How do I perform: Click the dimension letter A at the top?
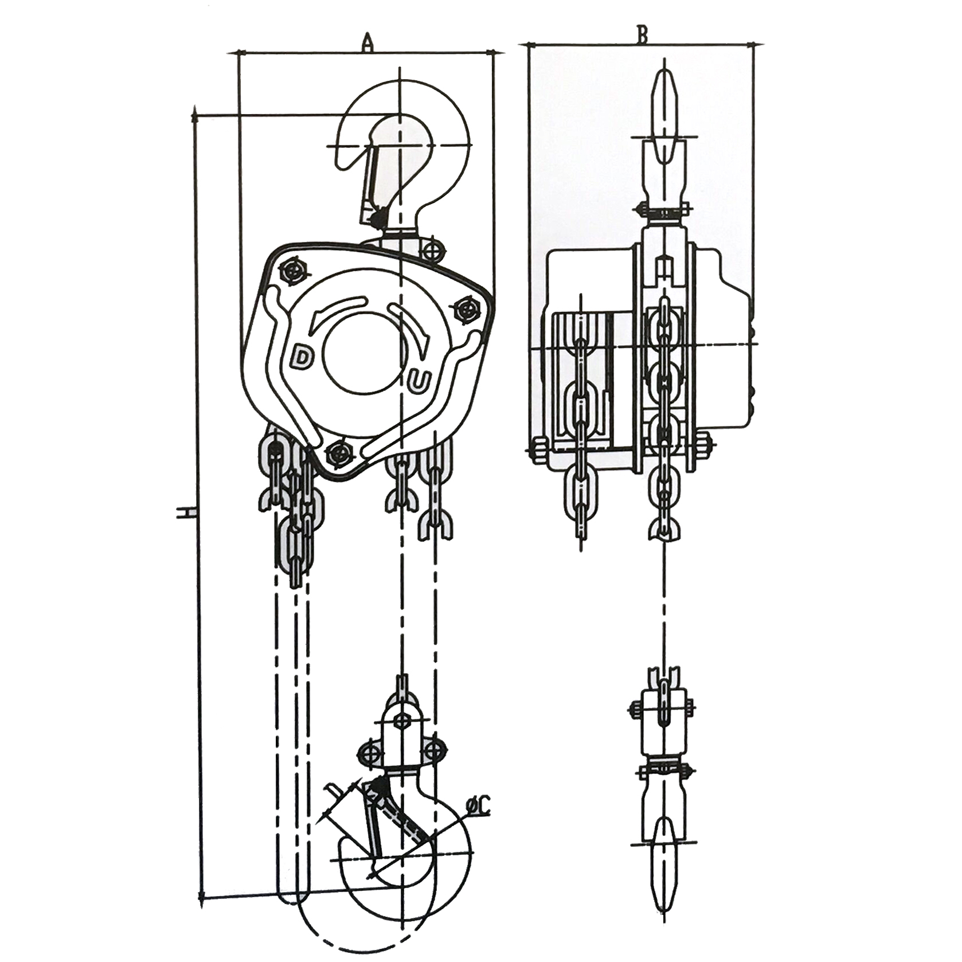pyautogui.click(x=367, y=42)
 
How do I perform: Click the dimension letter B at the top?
pyautogui.click(x=642, y=34)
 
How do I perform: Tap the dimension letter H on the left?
pyautogui.click(x=185, y=512)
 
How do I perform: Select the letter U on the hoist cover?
pyautogui.click(x=420, y=381)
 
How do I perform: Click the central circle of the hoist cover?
pyautogui.click(x=361, y=351)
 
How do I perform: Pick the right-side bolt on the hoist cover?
pyautogui.click(x=466, y=310)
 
